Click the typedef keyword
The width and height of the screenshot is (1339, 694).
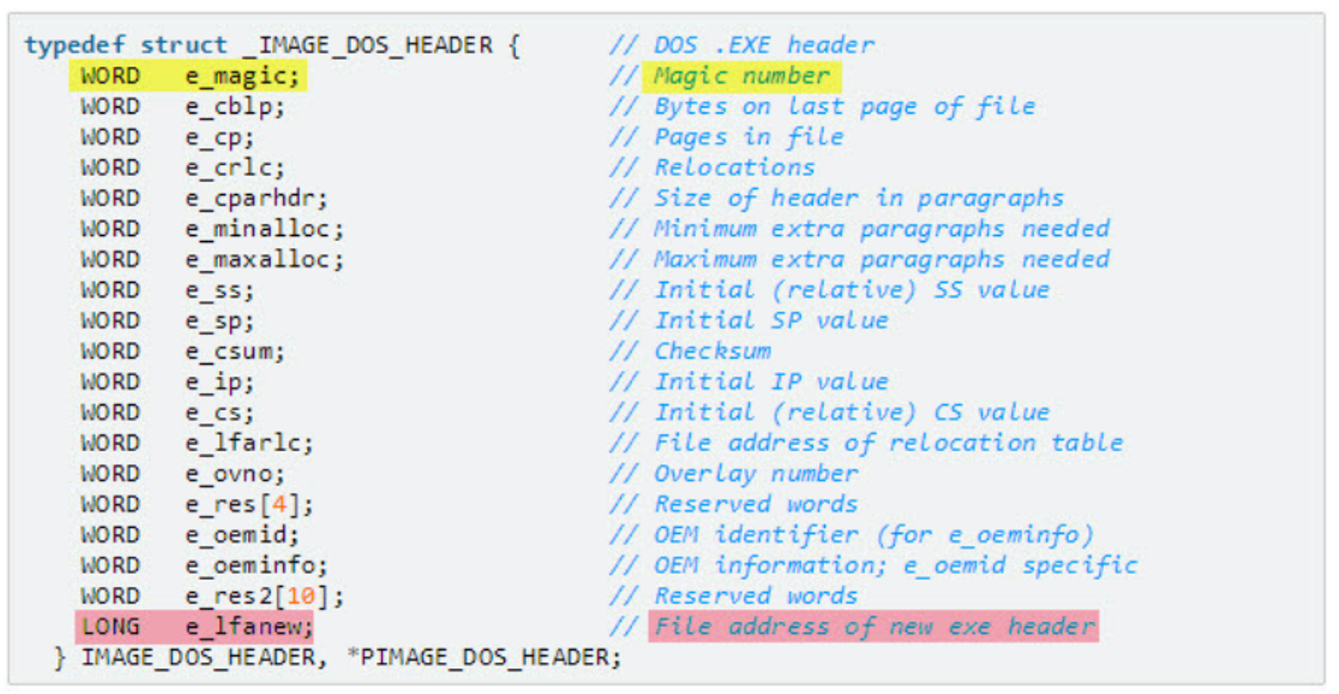click(74, 46)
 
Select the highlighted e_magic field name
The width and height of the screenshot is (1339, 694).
click(241, 76)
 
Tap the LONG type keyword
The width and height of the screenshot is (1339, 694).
click(110, 627)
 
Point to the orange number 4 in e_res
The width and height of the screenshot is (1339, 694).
click(279, 504)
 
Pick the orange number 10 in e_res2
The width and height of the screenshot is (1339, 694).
click(301, 596)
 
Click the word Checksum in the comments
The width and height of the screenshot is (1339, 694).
click(712, 352)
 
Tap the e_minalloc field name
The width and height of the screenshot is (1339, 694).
click(264, 229)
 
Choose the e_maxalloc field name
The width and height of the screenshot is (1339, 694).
click(264, 260)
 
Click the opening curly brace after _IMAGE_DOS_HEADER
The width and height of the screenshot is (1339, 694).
click(514, 46)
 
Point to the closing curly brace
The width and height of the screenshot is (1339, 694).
click(60, 658)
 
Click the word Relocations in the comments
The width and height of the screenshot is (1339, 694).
click(734, 167)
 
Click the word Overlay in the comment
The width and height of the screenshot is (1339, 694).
click(704, 474)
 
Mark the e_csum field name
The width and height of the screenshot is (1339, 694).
click(234, 352)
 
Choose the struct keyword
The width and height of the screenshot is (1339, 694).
click(183, 46)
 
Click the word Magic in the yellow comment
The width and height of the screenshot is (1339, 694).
click(690, 76)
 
